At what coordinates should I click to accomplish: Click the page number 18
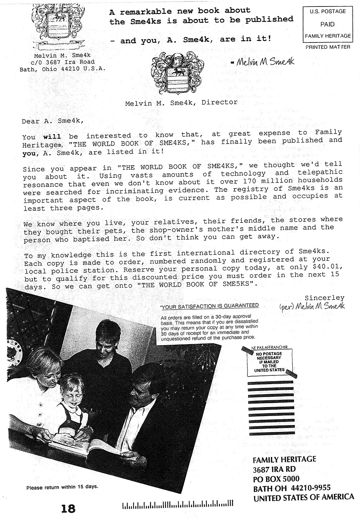[x=68, y=509]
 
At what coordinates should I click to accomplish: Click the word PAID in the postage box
[x=327, y=24]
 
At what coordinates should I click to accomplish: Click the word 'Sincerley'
[x=324, y=298]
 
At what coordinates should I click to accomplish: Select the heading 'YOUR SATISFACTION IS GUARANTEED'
[x=210, y=306]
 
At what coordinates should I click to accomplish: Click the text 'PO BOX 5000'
[x=276, y=479]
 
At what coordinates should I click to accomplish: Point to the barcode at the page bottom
[x=178, y=506]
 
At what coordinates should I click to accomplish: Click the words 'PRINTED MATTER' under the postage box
[x=327, y=47]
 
